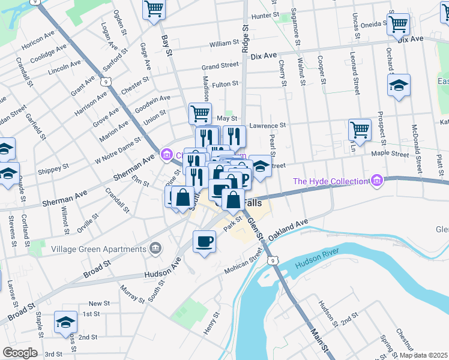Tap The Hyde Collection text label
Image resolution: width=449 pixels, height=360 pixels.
click(x=329, y=181)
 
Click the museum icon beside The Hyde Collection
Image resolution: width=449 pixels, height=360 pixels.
click(x=376, y=179)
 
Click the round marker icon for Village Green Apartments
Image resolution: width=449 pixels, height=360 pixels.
click(x=155, y=247)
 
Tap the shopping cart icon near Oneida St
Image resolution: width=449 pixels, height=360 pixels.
click(x=399, y=25)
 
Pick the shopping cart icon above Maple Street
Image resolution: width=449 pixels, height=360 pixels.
click(x=360, y=128)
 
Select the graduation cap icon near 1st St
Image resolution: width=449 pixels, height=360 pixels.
click(x=65, y=322)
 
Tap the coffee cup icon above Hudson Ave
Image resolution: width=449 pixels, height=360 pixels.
click(x=205, y=241)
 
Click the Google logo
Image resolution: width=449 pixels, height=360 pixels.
click(x=19, y=352)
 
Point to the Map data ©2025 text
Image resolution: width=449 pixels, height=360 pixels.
click(x=423, y=355)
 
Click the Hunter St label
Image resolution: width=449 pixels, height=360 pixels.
click(x=265, y=16)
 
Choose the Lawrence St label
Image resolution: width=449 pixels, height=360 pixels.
click(x=268, y=126)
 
